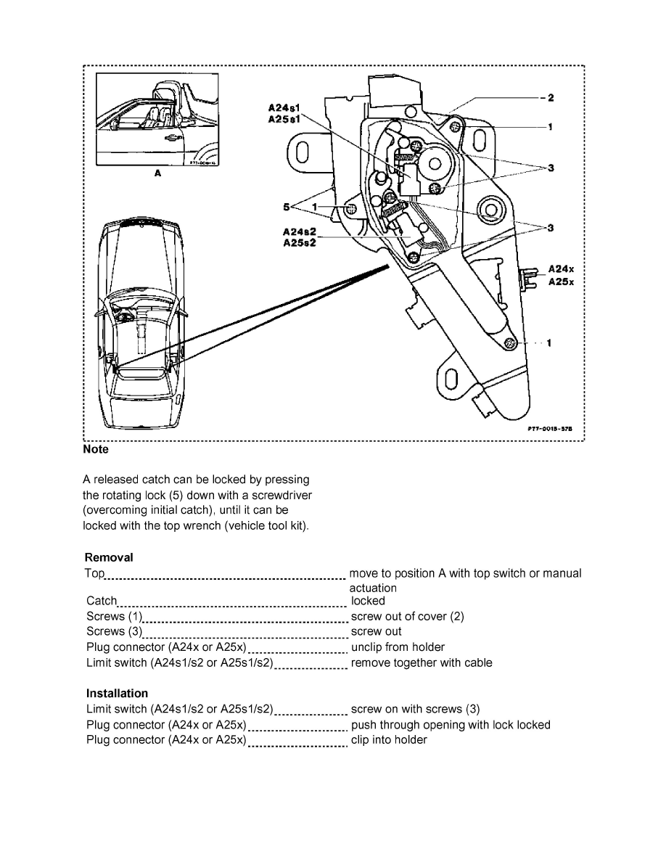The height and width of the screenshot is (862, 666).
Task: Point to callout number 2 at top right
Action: point(551,97)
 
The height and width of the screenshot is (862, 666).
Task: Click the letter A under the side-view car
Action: point(157,174)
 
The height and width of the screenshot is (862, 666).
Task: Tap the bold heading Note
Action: point(96,450)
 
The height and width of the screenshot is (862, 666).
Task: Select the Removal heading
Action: point(109,557)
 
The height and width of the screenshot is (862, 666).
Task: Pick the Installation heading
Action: point(117,693)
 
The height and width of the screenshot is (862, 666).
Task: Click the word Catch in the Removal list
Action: point(102,601)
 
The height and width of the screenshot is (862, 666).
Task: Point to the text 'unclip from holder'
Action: point(398,647)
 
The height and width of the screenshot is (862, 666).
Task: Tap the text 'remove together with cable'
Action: point(422,662)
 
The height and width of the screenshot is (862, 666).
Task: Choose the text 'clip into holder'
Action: point(389,740)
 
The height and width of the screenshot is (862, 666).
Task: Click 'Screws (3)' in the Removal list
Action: point(113,631)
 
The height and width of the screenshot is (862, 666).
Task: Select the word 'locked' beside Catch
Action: point(368,601)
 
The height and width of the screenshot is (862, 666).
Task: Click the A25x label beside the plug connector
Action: point(561,282)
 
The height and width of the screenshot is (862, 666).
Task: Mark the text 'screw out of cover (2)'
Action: point(407,616)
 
